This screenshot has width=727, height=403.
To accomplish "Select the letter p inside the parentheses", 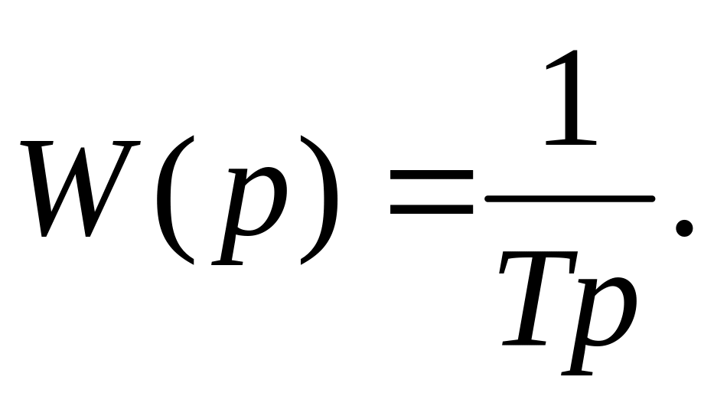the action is pos(249,216).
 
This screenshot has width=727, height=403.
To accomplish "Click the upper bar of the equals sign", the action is pos(431,175).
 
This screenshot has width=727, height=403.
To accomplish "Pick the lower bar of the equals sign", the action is pos(431,209).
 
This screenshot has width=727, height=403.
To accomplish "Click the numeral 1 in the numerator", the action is pos(571,97).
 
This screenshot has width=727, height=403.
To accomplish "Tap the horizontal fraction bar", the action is pos(570,198).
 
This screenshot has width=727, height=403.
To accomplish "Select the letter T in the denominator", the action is pos(538,298).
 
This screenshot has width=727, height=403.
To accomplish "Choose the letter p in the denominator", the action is pos(599,325).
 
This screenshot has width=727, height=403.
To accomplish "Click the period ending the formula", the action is pos(684,228).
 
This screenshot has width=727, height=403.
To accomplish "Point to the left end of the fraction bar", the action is pos(487,198).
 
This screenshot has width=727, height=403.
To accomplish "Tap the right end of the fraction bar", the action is pos(653,198).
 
